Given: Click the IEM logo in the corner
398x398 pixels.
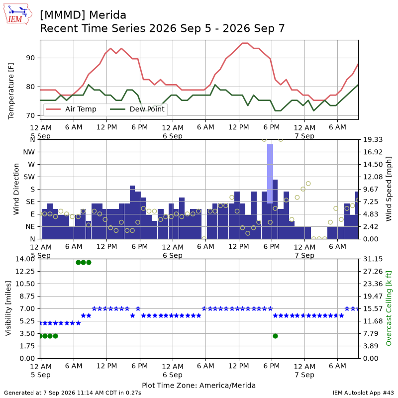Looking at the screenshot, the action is click(18, 14).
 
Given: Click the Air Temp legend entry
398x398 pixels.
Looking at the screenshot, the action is click(71, 109).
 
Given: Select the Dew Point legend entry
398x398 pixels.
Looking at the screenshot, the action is click(137, 109).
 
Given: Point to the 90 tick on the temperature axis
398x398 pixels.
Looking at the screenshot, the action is click(30, 58).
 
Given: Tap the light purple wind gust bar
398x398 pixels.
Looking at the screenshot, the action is click(270, 174).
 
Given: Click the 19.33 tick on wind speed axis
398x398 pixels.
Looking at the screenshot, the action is click(373, 140).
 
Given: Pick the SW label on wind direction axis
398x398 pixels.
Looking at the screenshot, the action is click(29, 177).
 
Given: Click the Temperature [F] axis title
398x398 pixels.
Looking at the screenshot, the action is click(11, 91).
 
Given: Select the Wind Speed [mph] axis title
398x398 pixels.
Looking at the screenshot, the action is click(389, 189).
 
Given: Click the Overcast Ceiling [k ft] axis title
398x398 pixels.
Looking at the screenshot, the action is click(389, 308).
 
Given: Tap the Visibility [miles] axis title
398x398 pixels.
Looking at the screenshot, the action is click(8, 308).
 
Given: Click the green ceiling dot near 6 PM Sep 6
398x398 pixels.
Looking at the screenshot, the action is click(276, 336).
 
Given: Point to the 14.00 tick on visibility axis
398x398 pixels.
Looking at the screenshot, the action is click(25, 259).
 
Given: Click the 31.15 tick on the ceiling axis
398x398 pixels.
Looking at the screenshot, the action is click(373, 259).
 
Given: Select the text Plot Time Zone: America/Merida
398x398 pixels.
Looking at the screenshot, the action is click(199, 385).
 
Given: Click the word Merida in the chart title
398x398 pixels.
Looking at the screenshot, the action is click(107, 15).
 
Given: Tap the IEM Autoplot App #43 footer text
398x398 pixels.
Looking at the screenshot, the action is click(363, 393).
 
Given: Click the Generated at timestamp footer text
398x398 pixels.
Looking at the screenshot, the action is click(73, 393).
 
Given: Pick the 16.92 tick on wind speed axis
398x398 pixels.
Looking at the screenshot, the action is click(373, 152).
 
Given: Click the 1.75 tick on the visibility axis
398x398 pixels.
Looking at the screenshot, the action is click(27, 346).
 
